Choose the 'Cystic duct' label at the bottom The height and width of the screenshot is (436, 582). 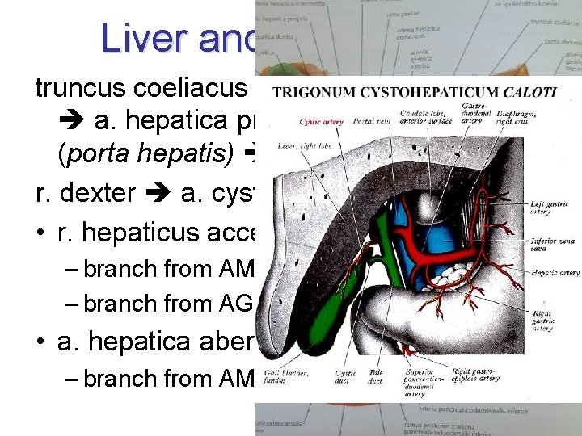pos(347,377)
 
